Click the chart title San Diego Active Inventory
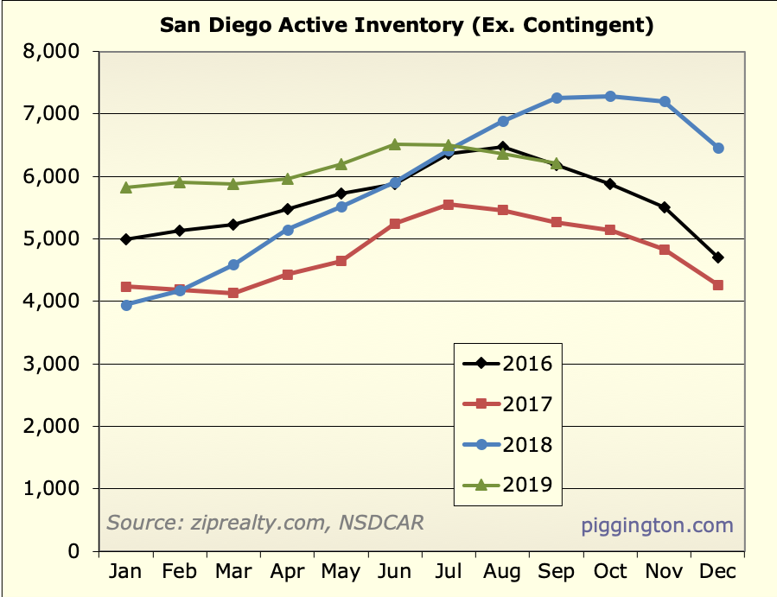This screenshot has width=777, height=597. (x=407, y=25)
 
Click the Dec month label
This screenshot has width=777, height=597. (x=717, y=572)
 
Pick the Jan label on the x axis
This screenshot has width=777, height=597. (x=126, y=572)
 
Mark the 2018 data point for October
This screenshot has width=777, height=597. (x=610, y=96)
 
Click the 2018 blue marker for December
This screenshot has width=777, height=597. (x=718, y=148)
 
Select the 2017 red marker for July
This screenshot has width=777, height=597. (x=448, y=205)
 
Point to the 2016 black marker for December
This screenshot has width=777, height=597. (x=718, y=257)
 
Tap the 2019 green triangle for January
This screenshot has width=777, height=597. (x=126, y=187)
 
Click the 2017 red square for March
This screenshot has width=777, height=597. (x=233, y=293)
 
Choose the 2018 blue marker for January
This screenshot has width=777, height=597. (x=126, y=305)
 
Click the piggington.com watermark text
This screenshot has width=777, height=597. (x=657, y=525)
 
